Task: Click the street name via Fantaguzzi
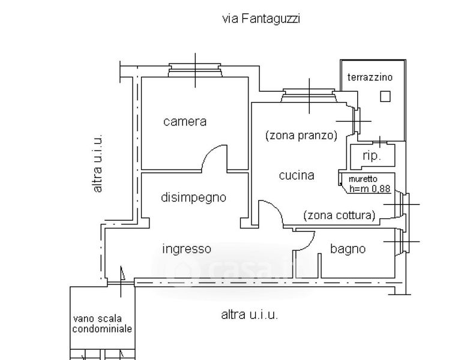click(x=261, y=19)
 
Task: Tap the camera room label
click(x=185, y=121)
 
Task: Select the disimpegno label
click(x=194, y=197)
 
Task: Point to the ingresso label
click(x=187, y=249)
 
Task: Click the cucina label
click(x=297, y=175)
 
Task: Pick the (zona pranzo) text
click(x=301, y=136)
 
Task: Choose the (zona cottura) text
click(x=340, y=215)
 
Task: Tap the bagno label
click(x=348, y=249)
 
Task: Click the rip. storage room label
click(x=372, y=156)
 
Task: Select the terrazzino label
click(x=370, y=77)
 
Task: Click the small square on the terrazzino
click(x=385, y=97)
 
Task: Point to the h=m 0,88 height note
click(x=370, y=188)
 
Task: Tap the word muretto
click(x=363, y=179)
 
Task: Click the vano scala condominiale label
click(x=102, y=323)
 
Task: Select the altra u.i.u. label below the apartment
click(x=250, y=315)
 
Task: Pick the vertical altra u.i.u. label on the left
click(x=98, y=163)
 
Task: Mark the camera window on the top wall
click(x=195, y=70)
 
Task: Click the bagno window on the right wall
click(x=402, y=241)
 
